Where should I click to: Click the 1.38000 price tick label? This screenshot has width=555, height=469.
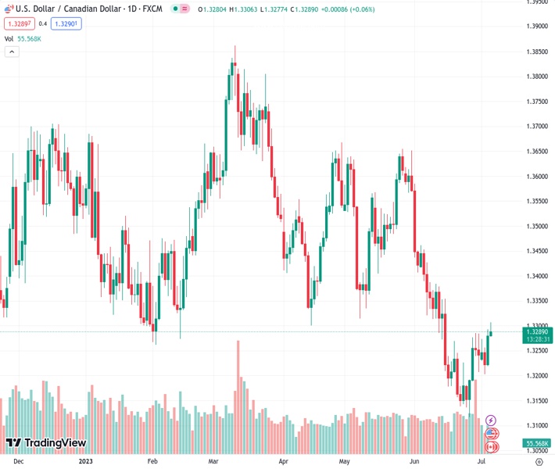click(537, 77)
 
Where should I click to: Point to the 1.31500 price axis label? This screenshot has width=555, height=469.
click(537, 401)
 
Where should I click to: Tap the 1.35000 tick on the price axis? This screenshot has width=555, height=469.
click(537, 227)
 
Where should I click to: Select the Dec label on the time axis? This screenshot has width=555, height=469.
click(18, 461)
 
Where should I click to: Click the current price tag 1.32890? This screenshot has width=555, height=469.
click(538, 331)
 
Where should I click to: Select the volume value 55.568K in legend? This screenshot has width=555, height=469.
click(29, 38)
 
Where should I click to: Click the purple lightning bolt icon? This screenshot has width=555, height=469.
click(491, 421)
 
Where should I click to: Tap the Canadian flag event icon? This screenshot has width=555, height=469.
click(492, 447)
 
